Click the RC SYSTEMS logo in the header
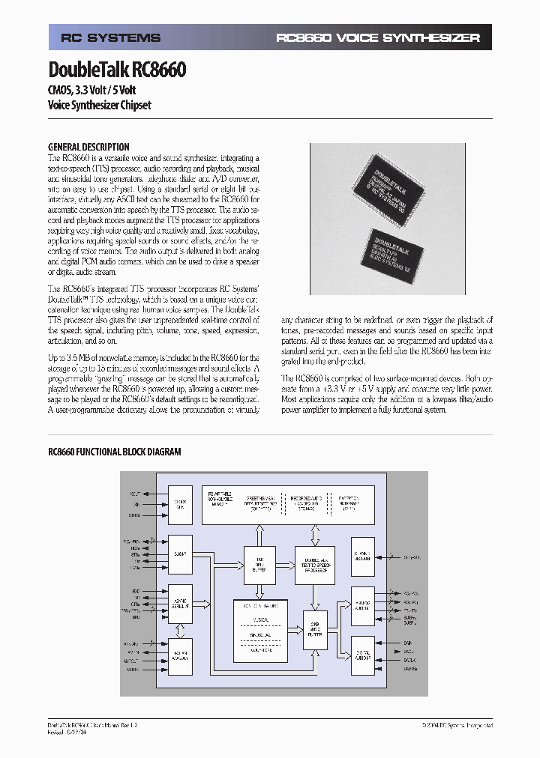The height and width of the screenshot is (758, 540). pos(110,38)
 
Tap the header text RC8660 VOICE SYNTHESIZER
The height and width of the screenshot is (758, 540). pos(377,38)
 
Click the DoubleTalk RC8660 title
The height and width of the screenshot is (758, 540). pos(117,70)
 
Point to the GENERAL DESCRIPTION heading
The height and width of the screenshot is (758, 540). pos(88,147)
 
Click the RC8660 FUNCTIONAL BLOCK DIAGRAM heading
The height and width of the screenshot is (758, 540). pos(115,452)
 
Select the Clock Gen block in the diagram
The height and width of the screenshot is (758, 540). pos(180,504)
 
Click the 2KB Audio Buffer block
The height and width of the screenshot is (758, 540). pos(316,631)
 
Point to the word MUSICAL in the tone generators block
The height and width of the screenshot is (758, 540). pos(259,619)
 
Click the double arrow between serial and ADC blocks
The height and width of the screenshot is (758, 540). pos(180,630)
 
